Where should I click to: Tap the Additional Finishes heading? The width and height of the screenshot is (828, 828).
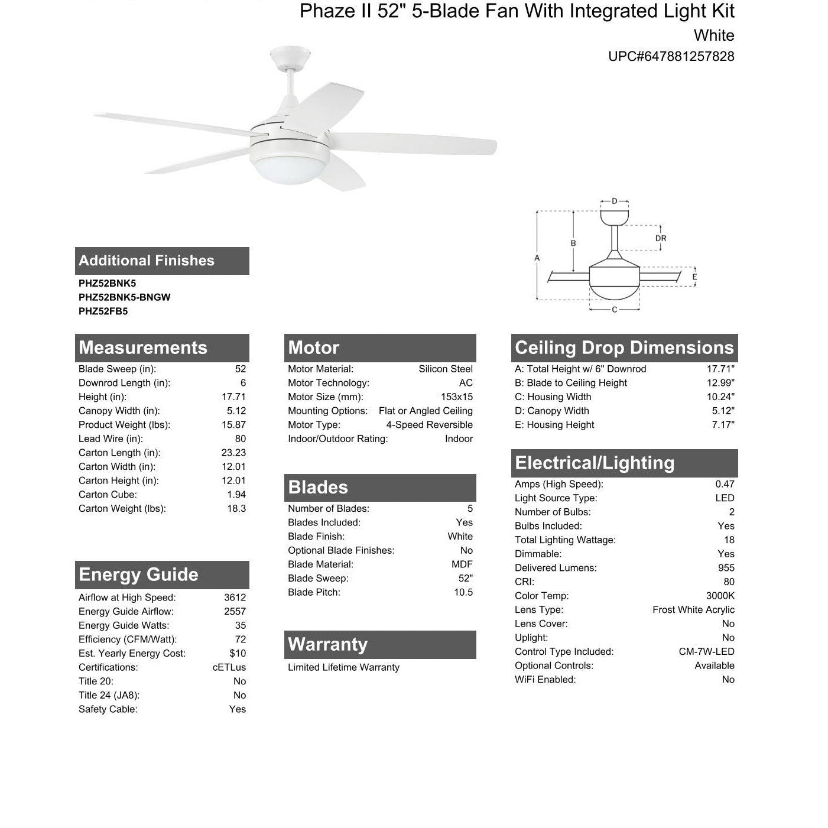tap(147, 261)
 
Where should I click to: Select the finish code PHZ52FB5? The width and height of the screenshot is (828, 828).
tap(103, 311)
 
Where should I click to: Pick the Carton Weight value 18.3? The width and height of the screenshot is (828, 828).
tap(236, 509)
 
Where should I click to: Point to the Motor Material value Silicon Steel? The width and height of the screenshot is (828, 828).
tap(446, 369)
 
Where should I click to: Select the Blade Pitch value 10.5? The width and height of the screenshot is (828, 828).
tap(463, 593)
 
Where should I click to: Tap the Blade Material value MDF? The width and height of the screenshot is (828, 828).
tap(462, 565)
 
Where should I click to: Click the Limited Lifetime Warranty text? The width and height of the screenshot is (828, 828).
tap(343, 668)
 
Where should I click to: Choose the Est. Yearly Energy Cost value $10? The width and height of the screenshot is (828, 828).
tap(238, 654)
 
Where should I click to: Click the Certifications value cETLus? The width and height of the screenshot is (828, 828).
tap(229, 668)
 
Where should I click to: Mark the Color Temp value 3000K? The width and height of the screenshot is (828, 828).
tap(720, 596)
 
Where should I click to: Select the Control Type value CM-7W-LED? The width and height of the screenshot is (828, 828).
tap(707, 652)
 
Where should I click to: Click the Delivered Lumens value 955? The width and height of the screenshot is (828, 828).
tap(726, 568)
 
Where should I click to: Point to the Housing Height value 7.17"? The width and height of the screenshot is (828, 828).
tap(723, 425)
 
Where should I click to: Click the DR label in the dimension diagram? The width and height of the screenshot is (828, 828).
tap(661, 238)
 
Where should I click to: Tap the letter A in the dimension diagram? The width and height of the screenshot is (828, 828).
tap(537, 258)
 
